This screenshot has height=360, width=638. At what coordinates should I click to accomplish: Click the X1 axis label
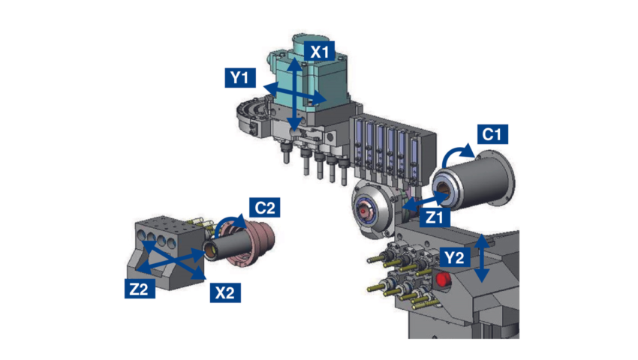(x=321, y=52)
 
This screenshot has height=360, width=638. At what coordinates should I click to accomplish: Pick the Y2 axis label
(x=454, y=257)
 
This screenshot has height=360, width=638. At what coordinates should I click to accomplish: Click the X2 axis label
(x=224, y=292)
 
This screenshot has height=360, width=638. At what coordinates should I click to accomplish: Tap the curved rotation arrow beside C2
(x=230, y=224)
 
